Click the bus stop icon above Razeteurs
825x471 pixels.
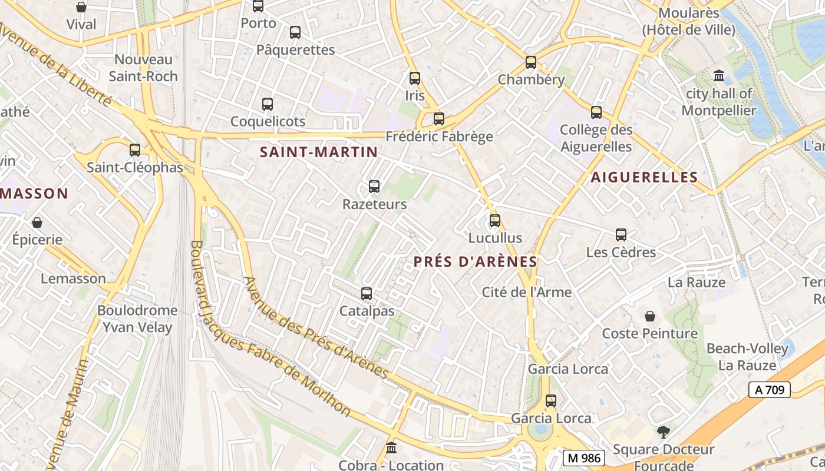point(374,187)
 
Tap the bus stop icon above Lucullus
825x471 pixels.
point(495,221)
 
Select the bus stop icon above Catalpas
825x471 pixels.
point(367,293)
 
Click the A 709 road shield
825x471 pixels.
point(769,389)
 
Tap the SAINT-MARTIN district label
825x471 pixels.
point(319,152)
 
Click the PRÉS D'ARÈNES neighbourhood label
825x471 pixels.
point(475,262)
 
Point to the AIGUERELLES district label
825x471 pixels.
point(644,177)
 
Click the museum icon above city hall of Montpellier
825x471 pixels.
point(719,76)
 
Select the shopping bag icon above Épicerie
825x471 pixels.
point(37,223)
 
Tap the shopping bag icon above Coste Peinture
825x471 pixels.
point(649,316)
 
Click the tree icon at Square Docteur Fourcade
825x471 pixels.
point(664,432)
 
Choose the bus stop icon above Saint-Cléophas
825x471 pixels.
point(135,150)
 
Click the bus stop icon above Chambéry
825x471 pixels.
point(531,62)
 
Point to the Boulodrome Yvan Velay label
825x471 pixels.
point(137,319)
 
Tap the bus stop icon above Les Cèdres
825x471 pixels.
point(621,235)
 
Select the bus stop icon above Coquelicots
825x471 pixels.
point(268,104)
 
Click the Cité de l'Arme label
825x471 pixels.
point(526,292)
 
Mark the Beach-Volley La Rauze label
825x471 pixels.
point(747,357)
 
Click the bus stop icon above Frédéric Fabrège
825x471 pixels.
point(439,119)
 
